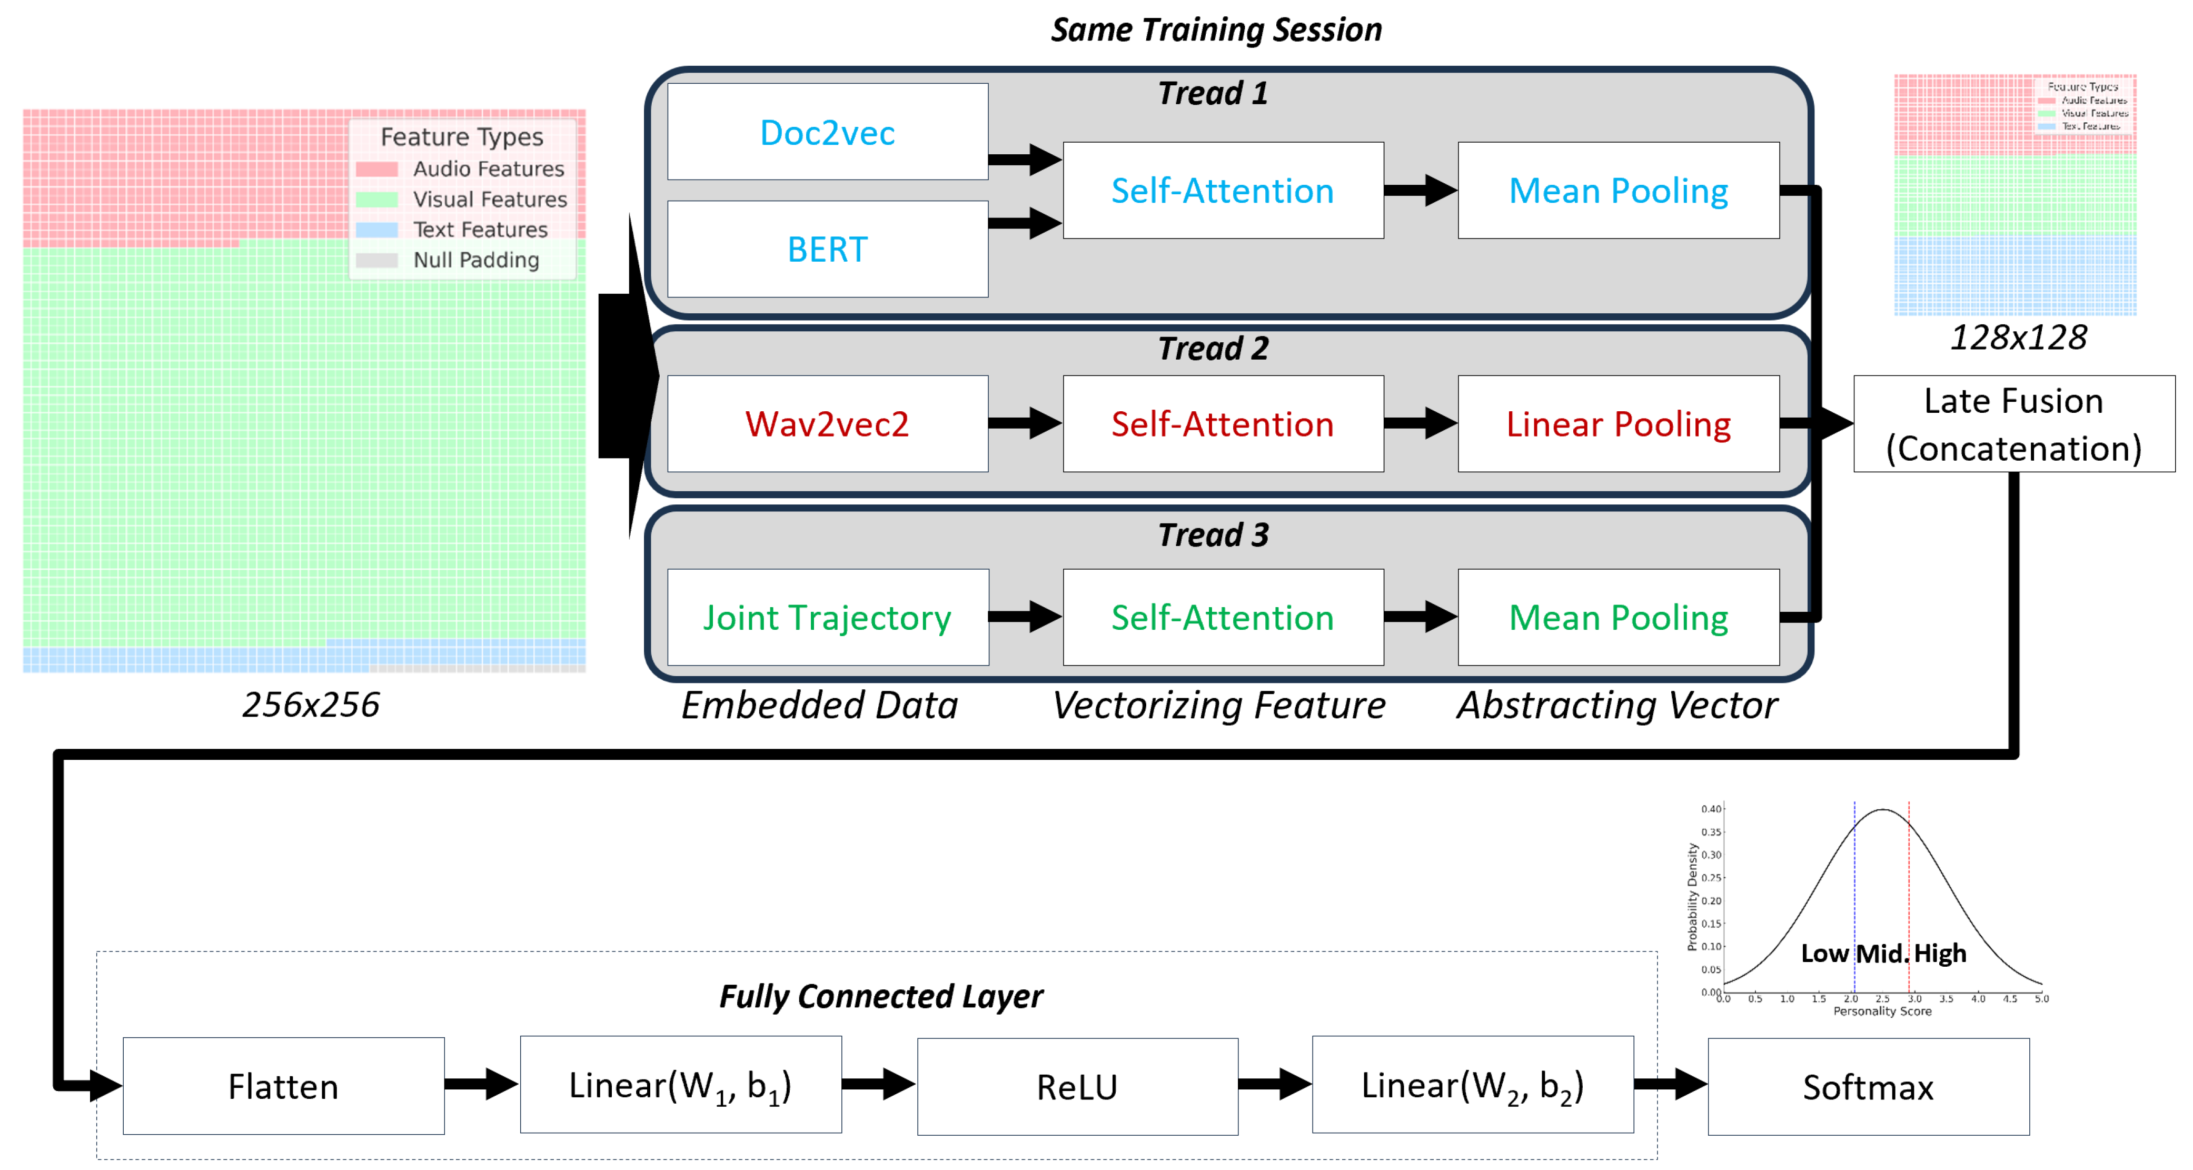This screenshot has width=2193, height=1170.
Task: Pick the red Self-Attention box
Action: click(x=1223, y=423)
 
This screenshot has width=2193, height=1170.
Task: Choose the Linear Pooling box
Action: click(x=1618, y=423)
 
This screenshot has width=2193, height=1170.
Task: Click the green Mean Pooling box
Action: click(x=1618, y=617)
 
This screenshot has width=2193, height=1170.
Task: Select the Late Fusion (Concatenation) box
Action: click(x=2013, y=423)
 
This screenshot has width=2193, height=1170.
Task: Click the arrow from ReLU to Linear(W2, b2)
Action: click(x=1274, y=1084)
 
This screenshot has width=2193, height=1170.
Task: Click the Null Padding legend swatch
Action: click(x=376, y=260)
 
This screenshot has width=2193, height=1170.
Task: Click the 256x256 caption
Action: click(x=311, y=704)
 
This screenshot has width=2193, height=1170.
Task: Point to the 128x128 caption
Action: click(x=2018, y=337)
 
